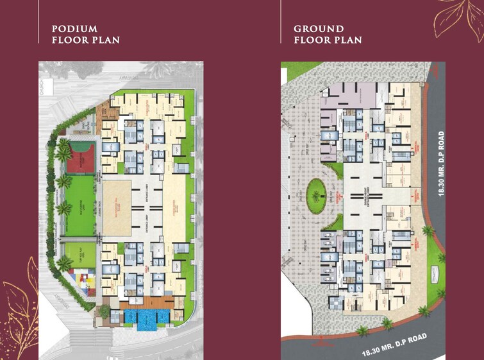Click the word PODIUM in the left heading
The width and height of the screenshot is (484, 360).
tap(74, 29)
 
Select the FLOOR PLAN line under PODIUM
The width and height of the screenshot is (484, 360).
tap(85, 40)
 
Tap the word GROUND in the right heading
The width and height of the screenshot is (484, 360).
tap(319, 29)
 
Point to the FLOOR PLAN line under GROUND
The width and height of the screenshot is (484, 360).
tap(328, 40)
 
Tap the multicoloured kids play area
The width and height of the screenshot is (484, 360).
tap(81, 280)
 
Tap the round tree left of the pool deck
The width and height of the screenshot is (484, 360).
tap(104, 311)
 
